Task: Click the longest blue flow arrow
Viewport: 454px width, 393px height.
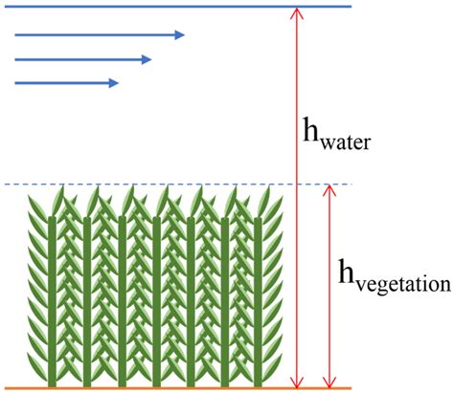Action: [x=96, y=35]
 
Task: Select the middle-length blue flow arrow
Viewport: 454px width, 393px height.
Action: [x=81, y=59]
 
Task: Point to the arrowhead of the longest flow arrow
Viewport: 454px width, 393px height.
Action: [x=179, y=35]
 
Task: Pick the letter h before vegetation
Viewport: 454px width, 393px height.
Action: [x=350, y=273]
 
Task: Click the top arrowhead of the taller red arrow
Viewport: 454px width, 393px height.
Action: [x=297, y=13]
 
